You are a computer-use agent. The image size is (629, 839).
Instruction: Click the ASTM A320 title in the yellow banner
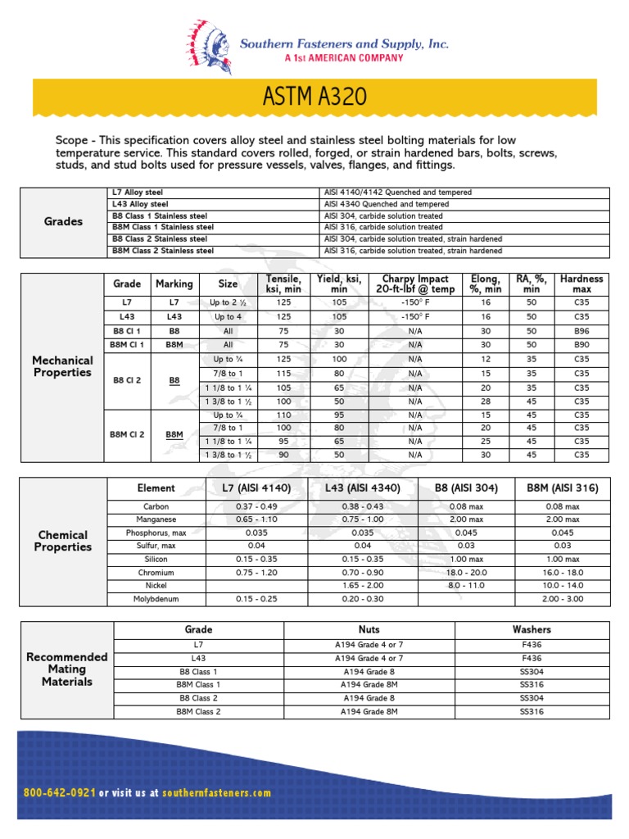click(314, 98)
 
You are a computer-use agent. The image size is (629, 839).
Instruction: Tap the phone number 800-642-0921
click(61, 793)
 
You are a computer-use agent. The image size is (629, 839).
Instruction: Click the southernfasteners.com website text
click(216, 793)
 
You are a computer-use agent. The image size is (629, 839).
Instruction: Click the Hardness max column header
click(581, 283)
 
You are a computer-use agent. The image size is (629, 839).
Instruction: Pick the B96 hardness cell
click(581, 331)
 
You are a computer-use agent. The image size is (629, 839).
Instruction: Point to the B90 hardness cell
click(581, 345)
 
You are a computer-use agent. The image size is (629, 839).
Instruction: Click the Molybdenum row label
click(156, 599)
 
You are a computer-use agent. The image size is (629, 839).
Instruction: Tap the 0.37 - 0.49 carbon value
click(256, 506)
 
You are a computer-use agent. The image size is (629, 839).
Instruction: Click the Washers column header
click(532, 629)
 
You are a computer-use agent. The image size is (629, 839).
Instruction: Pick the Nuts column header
click(369, 629)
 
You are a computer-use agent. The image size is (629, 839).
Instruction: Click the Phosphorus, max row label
click(156, 533)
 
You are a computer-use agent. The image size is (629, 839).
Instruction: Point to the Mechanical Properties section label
click(62, 366)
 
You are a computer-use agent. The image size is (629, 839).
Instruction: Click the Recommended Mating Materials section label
click(67, 669)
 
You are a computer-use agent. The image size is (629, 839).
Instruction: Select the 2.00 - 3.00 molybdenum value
click(563, 599)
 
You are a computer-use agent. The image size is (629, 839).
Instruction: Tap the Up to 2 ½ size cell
click(228, 303)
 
